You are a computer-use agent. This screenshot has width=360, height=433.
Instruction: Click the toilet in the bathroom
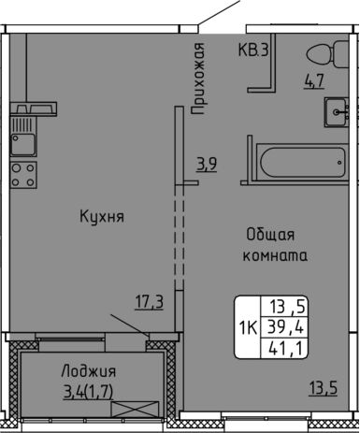pos(327,54)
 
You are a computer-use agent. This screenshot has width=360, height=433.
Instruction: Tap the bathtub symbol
pos(302,162)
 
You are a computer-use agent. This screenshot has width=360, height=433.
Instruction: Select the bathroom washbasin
pos(337,112)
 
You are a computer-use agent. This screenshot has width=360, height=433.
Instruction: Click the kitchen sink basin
pos(23,144)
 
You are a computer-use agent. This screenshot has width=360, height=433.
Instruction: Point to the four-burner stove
pos(23,175)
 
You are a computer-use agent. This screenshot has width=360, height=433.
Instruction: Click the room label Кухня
pos(102,216)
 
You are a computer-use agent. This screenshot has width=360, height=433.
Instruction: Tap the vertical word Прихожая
pos(197,79)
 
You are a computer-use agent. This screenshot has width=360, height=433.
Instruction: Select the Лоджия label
pos(89,371)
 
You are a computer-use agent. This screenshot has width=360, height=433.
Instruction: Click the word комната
pos(275,255)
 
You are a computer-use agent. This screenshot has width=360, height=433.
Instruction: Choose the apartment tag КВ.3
pos(253,50)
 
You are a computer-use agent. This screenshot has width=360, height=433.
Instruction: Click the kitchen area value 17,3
pos(150,302)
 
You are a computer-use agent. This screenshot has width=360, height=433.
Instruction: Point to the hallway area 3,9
pos(207,165)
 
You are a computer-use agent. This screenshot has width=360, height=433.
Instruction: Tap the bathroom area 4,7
pos(314,81)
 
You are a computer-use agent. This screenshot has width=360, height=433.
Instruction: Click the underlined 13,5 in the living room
pos(324,388)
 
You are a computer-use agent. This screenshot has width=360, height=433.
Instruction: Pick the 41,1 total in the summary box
pos(286,349)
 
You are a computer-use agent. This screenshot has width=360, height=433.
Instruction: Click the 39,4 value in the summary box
pos(286,327)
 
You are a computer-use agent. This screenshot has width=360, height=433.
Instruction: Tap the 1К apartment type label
pos(248,327)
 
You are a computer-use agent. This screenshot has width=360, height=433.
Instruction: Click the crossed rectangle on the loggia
pos(135,409)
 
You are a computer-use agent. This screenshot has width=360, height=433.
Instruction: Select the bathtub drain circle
pos(339,163)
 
